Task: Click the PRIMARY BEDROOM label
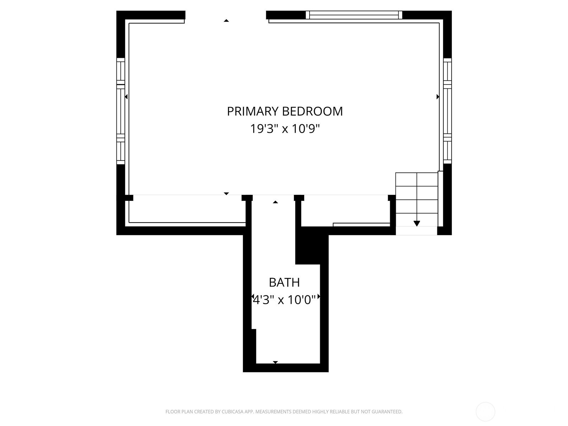tap(285, 111)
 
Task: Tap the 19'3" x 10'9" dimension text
tap(285, 129)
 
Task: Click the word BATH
tap(284, 282)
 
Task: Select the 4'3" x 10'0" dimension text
tap(284, 300)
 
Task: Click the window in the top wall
tap(354, 15)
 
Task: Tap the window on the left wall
tap(121, 111)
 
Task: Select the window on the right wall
tap(447, 111)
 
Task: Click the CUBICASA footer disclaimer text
tap(284, 411)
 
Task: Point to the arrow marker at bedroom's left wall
tap(126, 97)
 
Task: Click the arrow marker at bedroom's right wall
tap(438, 97)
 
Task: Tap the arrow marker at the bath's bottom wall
tap(275, 362)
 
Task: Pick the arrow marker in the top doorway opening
tap(226, 21)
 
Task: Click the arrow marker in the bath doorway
tap(275, 202)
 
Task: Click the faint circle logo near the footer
tap(485, 411)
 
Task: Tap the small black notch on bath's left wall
tap(253, 346)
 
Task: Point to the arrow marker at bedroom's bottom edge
tap(226, 194)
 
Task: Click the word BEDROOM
tap(312, 111)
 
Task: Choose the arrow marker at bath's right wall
tap(319, 296)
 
